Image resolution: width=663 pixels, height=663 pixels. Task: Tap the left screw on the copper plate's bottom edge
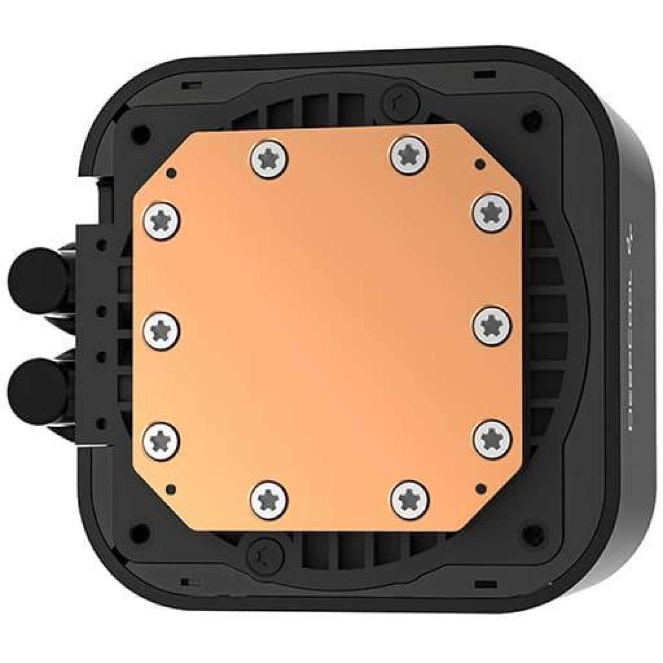click(269, 500)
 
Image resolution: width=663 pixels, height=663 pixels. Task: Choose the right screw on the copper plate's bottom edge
click(410, 500)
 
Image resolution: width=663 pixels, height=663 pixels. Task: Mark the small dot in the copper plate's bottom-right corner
click(481, 487)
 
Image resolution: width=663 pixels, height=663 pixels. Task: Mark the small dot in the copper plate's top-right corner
click(480, 164)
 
